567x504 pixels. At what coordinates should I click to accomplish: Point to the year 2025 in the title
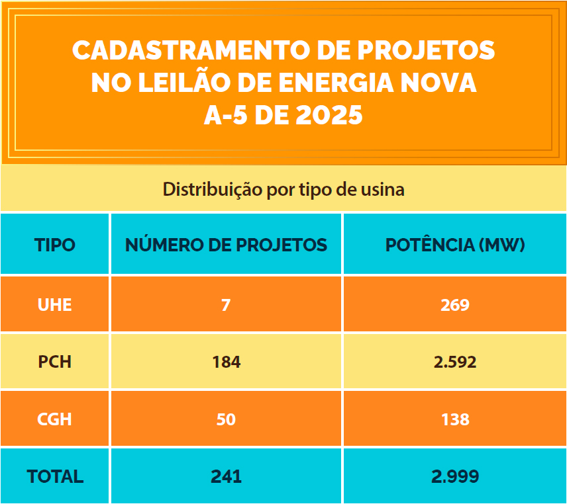(x=329, y=116)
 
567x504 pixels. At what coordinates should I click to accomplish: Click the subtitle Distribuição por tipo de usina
(x=283, y=189)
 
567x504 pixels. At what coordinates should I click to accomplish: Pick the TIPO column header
(x=55, y=245)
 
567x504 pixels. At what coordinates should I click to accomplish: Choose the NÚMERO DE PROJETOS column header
(x=226, y=245)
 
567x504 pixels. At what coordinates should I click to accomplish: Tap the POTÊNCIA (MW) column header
(x=455, y=245)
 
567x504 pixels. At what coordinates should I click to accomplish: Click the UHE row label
(x=55, y=305)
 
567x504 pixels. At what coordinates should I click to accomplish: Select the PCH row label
(x=55, y=362)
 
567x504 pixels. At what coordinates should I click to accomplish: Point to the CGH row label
(x=55, y=419)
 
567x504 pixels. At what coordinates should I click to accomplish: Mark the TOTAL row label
(x=55, y=476)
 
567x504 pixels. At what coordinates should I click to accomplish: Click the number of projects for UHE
(x=226, y=305)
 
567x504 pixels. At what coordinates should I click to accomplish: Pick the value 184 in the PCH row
(x=226, y=362)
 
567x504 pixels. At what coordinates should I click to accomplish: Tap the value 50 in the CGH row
(x=226, y=419)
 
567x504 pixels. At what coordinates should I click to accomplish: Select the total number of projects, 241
(x=226, y=476)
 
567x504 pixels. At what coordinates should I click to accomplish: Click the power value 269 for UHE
(x=455, y=305)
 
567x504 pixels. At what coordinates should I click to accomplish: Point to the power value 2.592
(x=455, y=362)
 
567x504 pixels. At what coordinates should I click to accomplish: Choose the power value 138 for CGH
(x=455, y=419)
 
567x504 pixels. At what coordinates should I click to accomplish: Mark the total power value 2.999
(x=455, y=476)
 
